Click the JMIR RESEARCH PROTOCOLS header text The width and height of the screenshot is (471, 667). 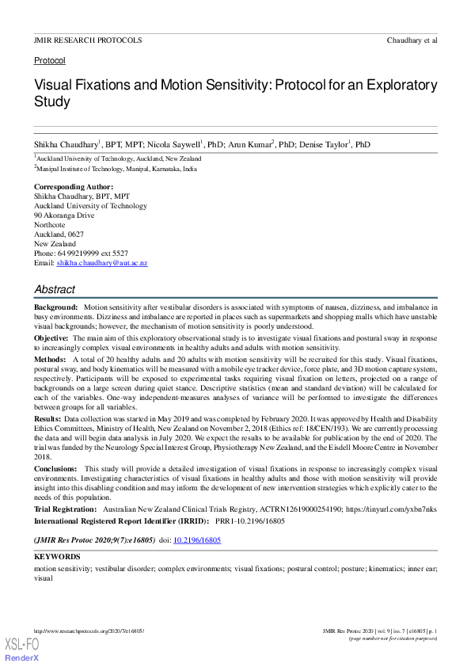88,40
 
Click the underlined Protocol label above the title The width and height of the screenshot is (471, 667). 49,61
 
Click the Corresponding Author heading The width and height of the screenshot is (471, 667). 74,187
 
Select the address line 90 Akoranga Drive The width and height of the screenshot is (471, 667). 64,215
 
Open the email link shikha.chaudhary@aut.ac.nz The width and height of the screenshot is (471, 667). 102,263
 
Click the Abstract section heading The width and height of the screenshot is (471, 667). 55,289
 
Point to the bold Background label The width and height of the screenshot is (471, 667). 55,306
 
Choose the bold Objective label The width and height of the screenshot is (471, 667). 51,337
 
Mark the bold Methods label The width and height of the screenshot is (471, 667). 49,359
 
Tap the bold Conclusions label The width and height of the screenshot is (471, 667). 55,469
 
